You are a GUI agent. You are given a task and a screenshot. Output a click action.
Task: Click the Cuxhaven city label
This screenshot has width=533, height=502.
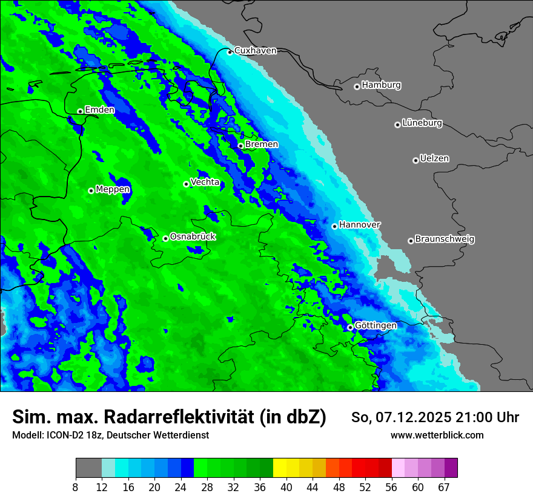pos(255,51)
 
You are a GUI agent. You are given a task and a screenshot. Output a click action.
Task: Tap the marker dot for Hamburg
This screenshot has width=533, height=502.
pos(357,86)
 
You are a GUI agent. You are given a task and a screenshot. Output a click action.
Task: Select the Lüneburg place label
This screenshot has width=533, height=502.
pos(422,123)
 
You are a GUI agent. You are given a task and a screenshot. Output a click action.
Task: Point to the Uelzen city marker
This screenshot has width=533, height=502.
pos(415,160)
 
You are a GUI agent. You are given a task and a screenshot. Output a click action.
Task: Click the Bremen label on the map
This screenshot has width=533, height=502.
pos(262,145)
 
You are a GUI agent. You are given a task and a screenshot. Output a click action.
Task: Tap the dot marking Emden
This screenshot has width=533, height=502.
pos(80,111)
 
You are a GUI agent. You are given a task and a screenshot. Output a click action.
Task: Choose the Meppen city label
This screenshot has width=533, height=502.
pos(113,190)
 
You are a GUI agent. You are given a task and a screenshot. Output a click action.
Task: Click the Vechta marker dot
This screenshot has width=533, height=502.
pos(186,184)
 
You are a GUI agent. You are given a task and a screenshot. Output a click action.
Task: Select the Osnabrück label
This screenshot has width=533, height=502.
pos(193,236)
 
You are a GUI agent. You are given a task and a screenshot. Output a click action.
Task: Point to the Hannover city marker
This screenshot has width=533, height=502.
pos(334,226)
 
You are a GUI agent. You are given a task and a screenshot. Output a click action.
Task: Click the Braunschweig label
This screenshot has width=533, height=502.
pos(445,240)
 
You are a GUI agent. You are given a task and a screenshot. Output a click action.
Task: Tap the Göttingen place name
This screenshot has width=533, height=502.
pos(376,326)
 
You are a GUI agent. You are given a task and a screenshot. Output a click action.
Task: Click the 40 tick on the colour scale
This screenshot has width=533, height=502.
pos(286,487)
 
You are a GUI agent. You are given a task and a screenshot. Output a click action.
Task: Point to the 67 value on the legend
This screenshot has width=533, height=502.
pos(444,487)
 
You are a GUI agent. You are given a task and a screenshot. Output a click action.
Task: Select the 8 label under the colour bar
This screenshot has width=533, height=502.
pos(76,487)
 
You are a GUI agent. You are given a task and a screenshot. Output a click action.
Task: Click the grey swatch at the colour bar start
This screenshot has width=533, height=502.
pos(88,468)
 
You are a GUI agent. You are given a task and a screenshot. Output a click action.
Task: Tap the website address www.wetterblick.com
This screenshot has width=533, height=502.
pos(437,435)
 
